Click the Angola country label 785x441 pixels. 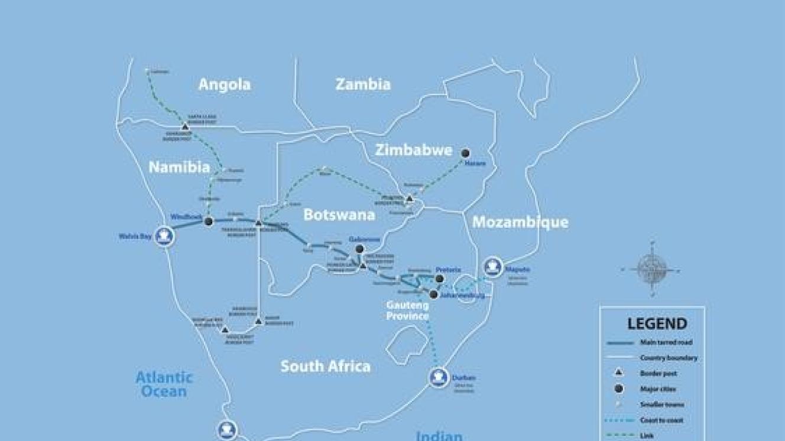tap(224, 84)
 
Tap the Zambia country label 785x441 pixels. tap(363, 84)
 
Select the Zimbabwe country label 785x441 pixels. tap(414, 151)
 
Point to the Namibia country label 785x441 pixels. tap(179, 167)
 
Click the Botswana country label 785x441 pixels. tap(339, 214)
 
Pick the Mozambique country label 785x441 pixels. tap(520, 222)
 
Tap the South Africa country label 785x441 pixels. tap(325, 366)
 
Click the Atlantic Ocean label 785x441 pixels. tap(164, 384)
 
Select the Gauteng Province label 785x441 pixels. tap(407, 310)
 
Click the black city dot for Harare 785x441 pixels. tap(465, 153)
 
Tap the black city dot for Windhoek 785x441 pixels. tap(208, 221)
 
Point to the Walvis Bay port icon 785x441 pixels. tap(164, 237)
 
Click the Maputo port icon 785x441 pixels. tap(492, 267)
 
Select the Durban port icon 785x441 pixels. tap(439, 377)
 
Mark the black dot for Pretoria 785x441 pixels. tap(439, 279)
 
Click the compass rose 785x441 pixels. tap(652, 269)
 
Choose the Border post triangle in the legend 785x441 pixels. tap(618, 373)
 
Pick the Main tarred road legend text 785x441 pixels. tap(666, 342)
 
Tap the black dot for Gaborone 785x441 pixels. tap(359, 249)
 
